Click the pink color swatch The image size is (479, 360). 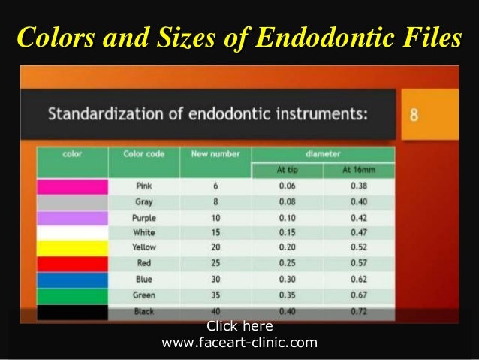(72, 186)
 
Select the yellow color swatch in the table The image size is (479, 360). (72, 247)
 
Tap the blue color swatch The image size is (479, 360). (72, 279)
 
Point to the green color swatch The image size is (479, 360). (72, 295)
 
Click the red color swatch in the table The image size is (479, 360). (72, 263)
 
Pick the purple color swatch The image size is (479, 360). (72, 217)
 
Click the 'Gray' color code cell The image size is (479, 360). (144, 201)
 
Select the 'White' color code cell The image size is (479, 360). (144, 232)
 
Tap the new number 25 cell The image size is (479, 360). (215, 263)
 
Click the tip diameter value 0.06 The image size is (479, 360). (287, 186)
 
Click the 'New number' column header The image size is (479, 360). (215, 154)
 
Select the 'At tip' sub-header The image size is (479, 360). (287, 170)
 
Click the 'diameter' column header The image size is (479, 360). (323, 154)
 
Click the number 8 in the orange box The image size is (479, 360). (414, 116)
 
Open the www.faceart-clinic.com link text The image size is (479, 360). (239, 343)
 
